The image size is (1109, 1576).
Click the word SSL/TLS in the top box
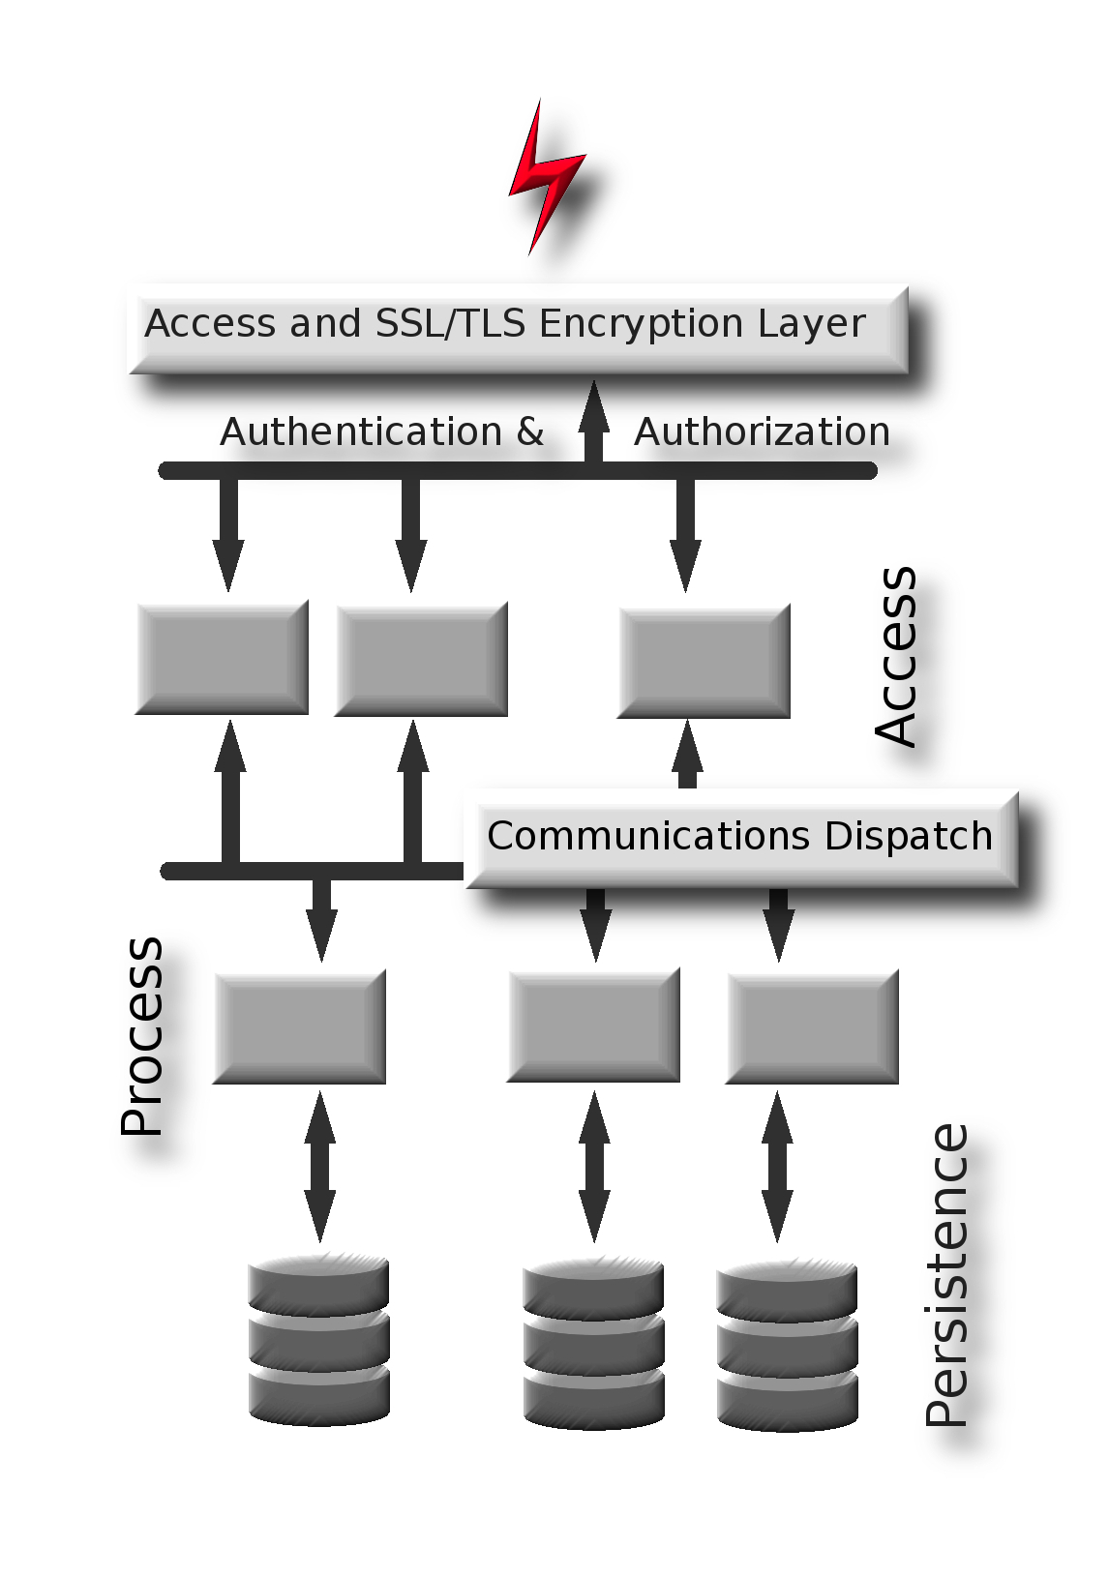tap(451, 323)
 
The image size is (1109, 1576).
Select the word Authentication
tap(361, 431)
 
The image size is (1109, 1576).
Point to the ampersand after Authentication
tap(529, 431)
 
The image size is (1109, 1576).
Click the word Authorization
tap(762, 431)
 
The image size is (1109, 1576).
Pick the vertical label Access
tap(896, 656)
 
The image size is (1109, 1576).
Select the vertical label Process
tap(142, 1035)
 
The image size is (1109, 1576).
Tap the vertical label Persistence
tap(946, 1275)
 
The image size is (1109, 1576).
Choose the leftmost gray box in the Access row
tap(222, 658)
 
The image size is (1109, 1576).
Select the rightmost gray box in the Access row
tap(704, 661)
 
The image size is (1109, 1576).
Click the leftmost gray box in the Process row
tap(299, 1026)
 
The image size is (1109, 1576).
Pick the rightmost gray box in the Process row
tap(812, 1026)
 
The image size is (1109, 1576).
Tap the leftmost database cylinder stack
tap(318, 1340)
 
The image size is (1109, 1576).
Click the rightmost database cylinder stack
tap(787, 1345)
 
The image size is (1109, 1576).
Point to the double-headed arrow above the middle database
tap(594, 1167)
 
